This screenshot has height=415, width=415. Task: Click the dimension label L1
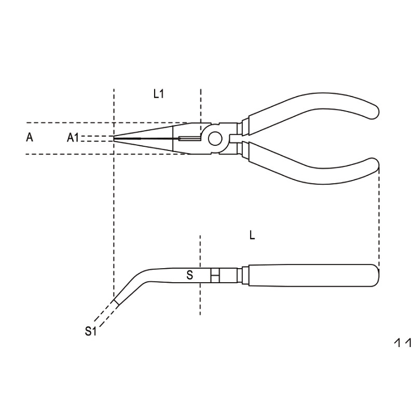159,94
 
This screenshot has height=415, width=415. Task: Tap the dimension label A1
73,137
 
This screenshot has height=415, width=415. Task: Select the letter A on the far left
30,137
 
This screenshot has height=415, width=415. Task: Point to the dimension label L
252,236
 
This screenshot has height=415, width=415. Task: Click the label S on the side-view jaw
190,275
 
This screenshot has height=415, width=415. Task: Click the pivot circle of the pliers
215,138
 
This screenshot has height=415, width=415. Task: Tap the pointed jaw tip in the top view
115,138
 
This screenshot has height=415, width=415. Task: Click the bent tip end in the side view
115,302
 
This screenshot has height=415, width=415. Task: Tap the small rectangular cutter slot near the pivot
188,138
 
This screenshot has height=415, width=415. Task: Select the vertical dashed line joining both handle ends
379,218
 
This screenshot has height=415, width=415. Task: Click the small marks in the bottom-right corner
403,343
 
